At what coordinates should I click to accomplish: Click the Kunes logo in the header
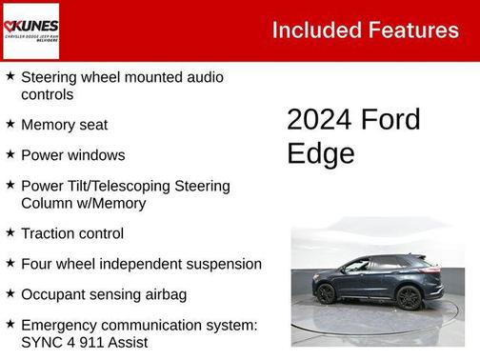(x=31, y=30)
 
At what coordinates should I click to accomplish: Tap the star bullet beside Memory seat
(x=10, y=124)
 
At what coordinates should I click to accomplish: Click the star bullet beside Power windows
(x=10, y=154)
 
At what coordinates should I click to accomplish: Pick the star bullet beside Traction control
(x=10, y=232)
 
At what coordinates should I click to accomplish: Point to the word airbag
(x=162, y=294)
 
